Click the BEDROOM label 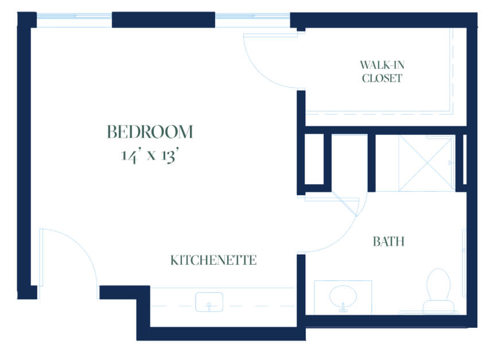pos(150,131)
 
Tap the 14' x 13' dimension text pos(150,156)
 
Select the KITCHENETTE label pos(213,261)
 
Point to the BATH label pos(388,242)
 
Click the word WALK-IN pos(382,65)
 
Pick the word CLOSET pos(382,78)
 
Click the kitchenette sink pos(209,302)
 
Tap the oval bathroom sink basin pos(343,297)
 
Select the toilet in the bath pos(438,291)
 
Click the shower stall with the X pos(426,163)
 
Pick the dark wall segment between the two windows pos(164,20)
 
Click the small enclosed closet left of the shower pos(314,159)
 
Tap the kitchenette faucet pos(209,307)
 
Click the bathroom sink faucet pos(343,307)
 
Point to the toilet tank pos(438,307)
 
